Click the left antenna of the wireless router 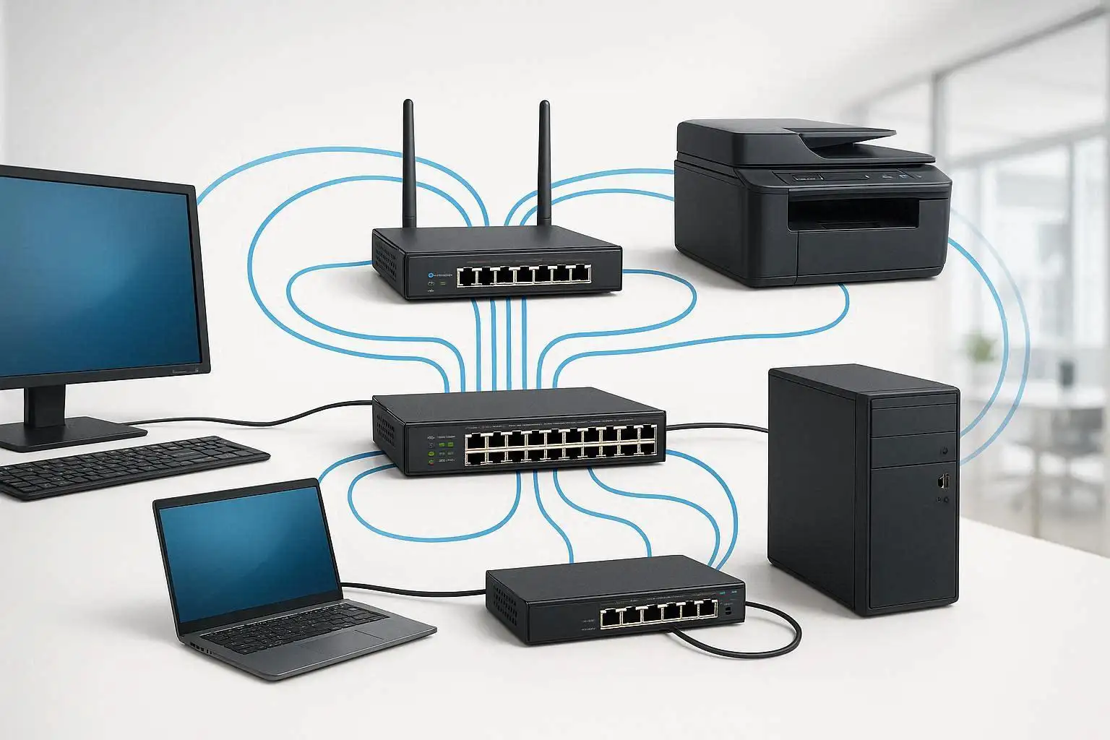[408, 166]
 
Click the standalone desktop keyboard [130, 466]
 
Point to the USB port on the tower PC [943, 481]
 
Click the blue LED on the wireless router [431, 275]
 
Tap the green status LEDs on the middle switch [431, 455]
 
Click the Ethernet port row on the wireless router [523, 275]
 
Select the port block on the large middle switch [564, 445]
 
